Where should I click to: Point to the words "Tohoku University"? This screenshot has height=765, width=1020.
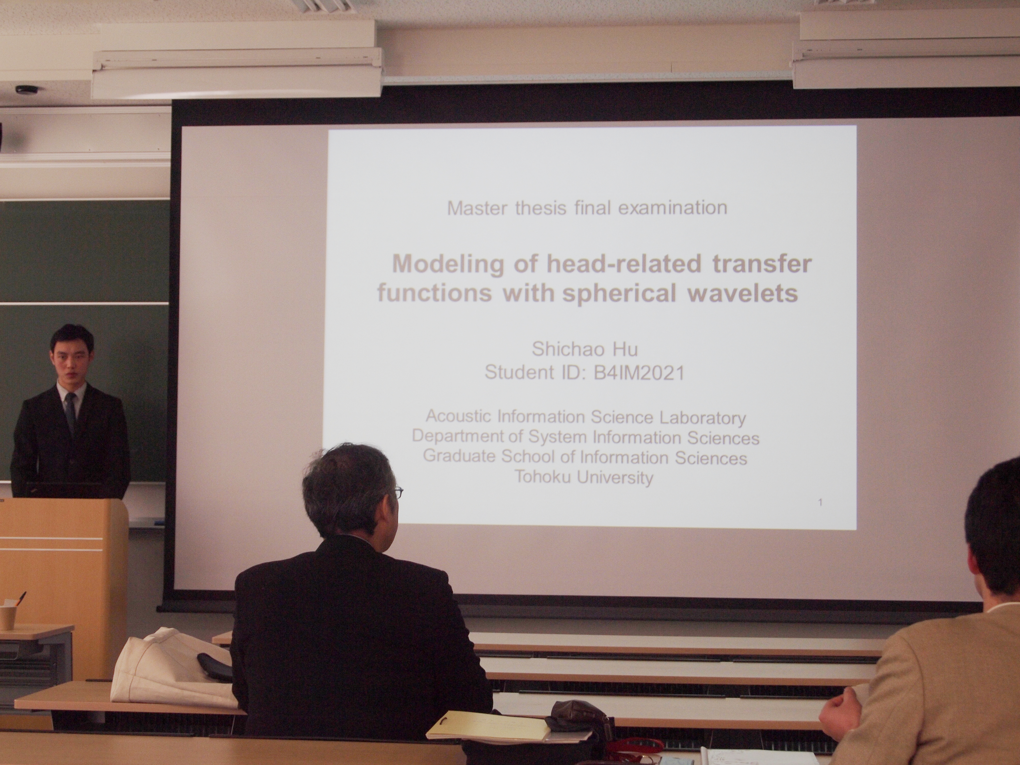coord(584,477)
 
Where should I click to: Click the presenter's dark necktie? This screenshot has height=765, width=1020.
coord(70,413)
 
